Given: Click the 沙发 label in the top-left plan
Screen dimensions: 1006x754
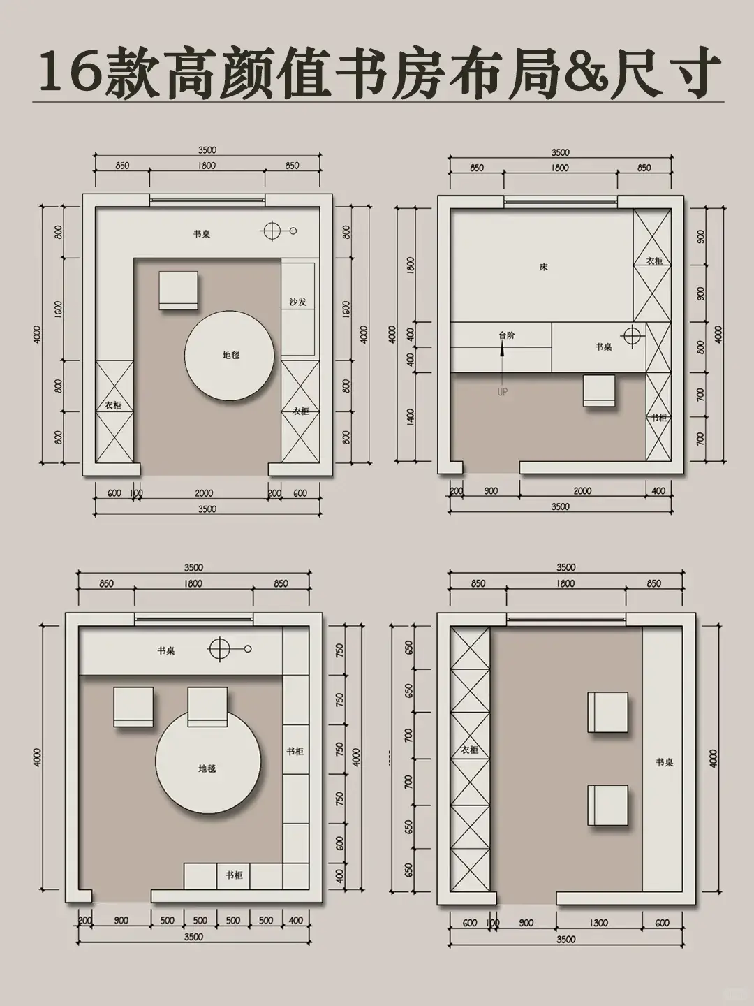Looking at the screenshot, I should click(x=298, y=302).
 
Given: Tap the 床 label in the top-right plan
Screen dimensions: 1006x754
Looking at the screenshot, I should click(x=544, y=267).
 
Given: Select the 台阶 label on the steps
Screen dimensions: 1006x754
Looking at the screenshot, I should click(x=507, y=335).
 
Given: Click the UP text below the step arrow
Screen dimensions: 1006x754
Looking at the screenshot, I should click(x=503, y=392).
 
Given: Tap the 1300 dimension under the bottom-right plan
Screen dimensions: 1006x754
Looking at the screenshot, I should click(x=598, y=923).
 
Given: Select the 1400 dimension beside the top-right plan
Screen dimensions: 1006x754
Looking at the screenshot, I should click(x=411, y=417).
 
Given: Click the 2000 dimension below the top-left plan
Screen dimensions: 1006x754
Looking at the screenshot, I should click(x=204, y=493).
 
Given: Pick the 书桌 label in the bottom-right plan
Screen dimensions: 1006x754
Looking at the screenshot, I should click(x=664, y=762).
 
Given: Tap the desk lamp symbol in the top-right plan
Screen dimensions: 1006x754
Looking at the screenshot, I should click(x=632, y=337).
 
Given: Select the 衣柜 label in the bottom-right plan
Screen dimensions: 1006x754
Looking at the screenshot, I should click(x=469, y=750).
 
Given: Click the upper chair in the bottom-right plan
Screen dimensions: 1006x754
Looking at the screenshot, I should click(x=607, y=713).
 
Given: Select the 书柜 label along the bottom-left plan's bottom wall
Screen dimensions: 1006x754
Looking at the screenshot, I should click(x=234, y=875).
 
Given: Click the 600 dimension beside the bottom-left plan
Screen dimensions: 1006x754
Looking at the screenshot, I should click(x=340, y=843).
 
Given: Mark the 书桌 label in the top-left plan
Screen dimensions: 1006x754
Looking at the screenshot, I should click(x=202, y=234).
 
